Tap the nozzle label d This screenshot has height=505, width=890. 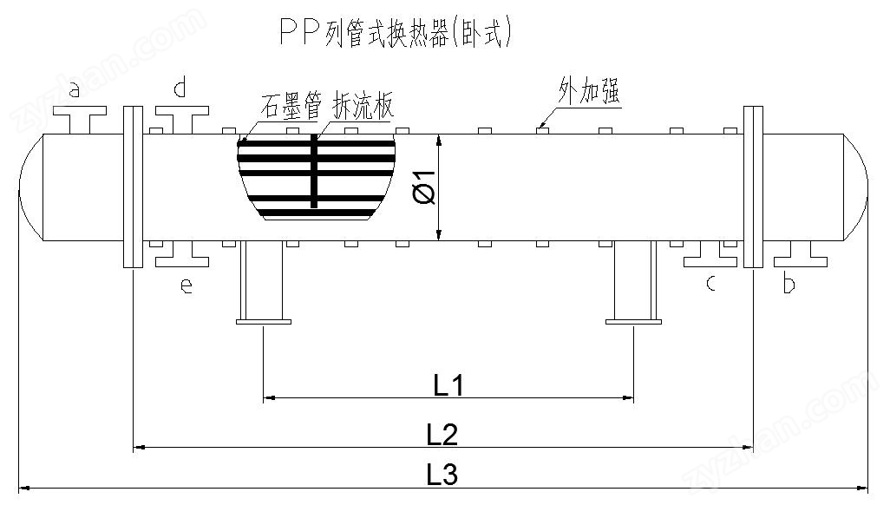click(x=180, y=88)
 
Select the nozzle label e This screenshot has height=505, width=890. click(x=185, y=286)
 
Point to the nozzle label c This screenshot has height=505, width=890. click(x=710, y=284)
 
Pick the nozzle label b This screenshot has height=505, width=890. click(x=789, y=285)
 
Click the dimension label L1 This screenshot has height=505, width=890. click(x=448, y=384)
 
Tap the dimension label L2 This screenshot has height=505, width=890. click(x=442, y=434)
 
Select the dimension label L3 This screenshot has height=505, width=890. click(x=442, y=475)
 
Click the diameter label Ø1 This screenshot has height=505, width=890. click(x=425, y=187)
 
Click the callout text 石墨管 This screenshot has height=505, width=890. click(x=291, y=107)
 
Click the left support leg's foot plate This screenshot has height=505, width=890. click(x=263, y=323)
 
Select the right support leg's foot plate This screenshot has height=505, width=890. click(x=632, y=323)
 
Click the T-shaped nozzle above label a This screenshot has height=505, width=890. click(x=79, y=117)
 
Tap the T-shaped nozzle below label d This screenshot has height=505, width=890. click(x=182, y=117)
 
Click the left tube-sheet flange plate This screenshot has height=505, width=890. click(x=133, y=187)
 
